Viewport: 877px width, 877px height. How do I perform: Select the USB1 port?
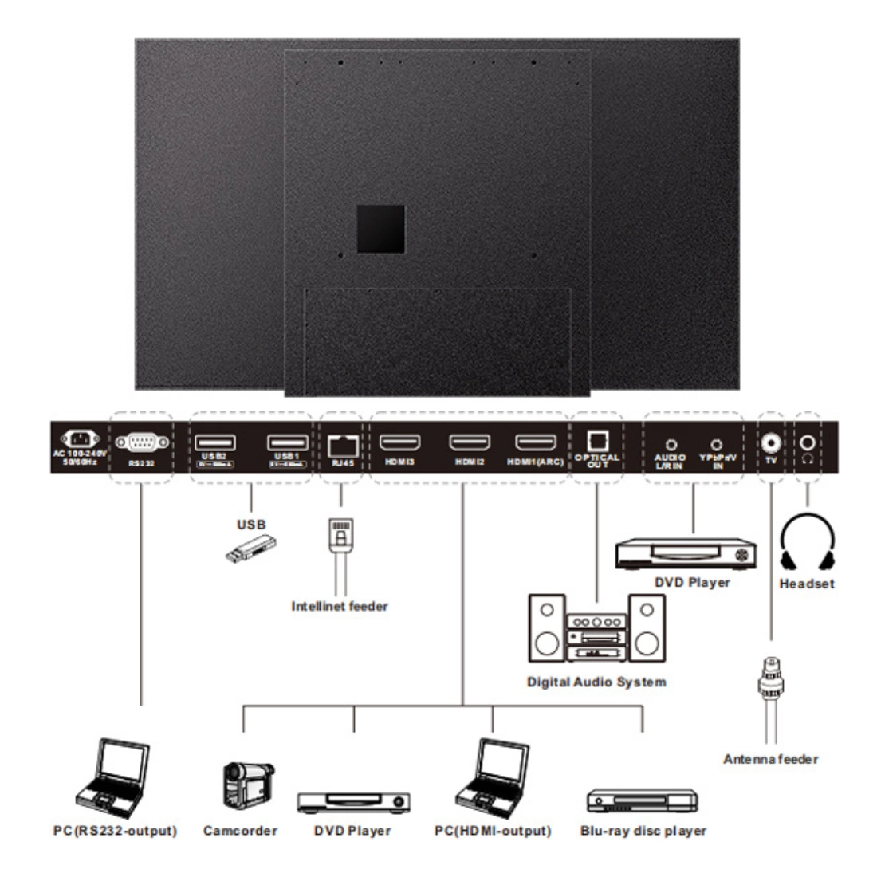coord(287,442)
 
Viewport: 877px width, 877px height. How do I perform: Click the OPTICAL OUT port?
coord(597,441)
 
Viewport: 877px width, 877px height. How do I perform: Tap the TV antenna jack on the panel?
coord(770,442)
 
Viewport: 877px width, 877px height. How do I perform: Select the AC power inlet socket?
coord(79,439)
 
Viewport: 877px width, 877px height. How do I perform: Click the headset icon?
coord(807,542)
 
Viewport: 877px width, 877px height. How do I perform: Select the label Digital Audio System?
coord(596,682)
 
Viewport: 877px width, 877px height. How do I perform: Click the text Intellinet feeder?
coord(340,606)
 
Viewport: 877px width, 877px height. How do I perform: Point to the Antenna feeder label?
coord(770,759)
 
